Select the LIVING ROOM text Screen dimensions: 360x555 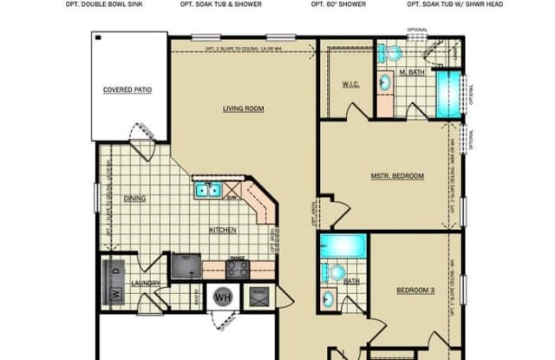coord(243,108)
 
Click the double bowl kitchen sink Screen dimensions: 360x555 coord(208,189)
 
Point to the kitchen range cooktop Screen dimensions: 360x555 coord(237,268)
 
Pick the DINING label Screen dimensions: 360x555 coord(134,199)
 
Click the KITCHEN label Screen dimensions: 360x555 coord(222,230)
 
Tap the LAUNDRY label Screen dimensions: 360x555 coord(144,284)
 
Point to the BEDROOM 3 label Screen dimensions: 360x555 coord(414,290)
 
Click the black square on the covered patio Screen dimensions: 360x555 coord(99,38)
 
